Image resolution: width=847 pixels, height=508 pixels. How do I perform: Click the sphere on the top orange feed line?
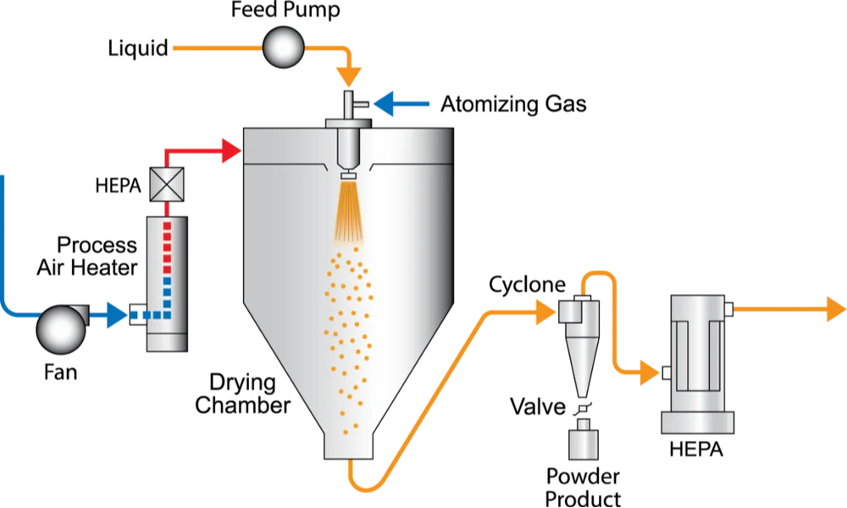coord(282,47)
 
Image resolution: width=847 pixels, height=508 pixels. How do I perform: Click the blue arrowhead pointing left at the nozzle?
coord(386,104)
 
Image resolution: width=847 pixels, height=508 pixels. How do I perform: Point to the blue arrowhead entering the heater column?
coord(117,315)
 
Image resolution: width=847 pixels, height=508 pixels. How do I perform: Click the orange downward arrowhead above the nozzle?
coord(348,76)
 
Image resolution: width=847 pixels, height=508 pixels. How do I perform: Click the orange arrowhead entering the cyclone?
coord(546,312)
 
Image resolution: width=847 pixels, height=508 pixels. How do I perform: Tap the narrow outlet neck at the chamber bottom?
coord(349,444)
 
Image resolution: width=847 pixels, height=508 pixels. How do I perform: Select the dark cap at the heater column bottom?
coord(166,342)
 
